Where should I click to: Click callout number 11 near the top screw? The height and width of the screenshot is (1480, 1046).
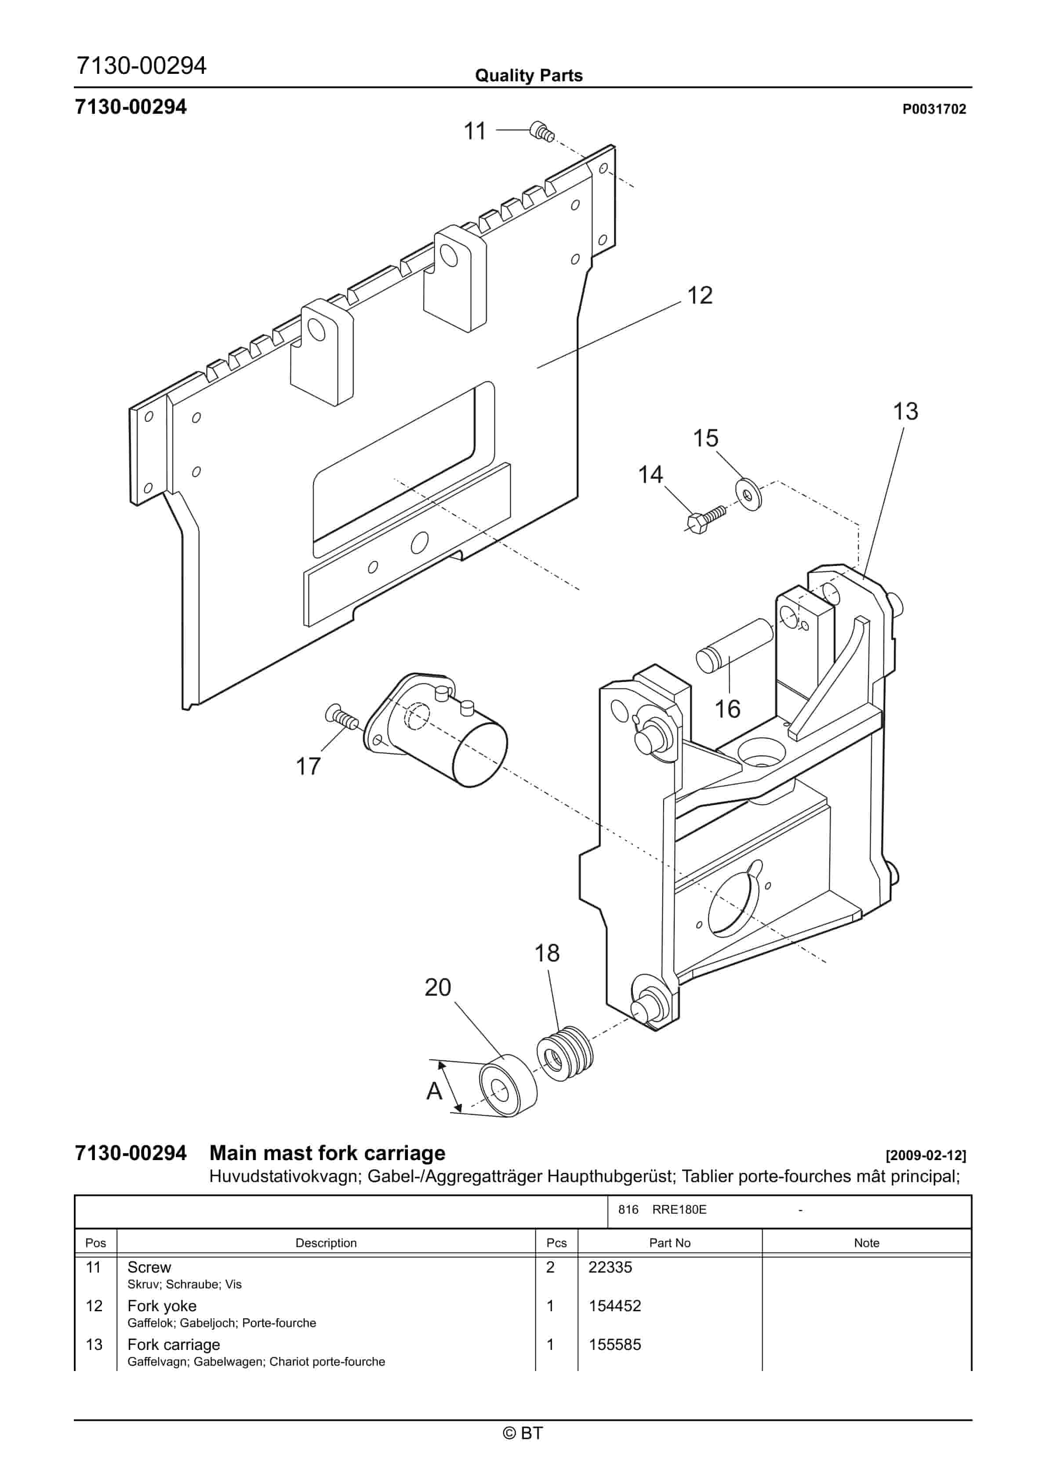(x=475, y=131)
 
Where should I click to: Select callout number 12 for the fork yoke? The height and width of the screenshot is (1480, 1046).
(x=700, y=296)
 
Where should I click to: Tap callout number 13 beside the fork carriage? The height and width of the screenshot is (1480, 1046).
(x=905, y=411)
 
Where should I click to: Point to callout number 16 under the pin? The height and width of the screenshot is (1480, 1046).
(x=727, y=709)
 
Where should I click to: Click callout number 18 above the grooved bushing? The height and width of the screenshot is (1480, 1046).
(x=547, y=954)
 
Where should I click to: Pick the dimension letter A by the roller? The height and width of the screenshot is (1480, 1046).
(x=435, y=1091)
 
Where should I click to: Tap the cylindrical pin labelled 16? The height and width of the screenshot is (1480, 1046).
(x=734, y=645)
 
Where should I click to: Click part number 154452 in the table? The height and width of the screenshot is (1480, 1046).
(x=614, y=1306)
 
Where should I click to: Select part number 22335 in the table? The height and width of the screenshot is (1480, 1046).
(x=610, y=1267)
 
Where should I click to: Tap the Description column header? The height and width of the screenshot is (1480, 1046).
(x=326, y=1243)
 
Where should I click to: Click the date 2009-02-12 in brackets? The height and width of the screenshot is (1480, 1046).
(x=926, y=1155)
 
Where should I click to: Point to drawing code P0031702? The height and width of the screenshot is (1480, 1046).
(x=934, y=109)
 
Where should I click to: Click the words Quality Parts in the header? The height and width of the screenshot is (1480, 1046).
(x=529, y=76)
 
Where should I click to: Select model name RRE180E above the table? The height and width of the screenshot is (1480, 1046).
(x=679, y=1210)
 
